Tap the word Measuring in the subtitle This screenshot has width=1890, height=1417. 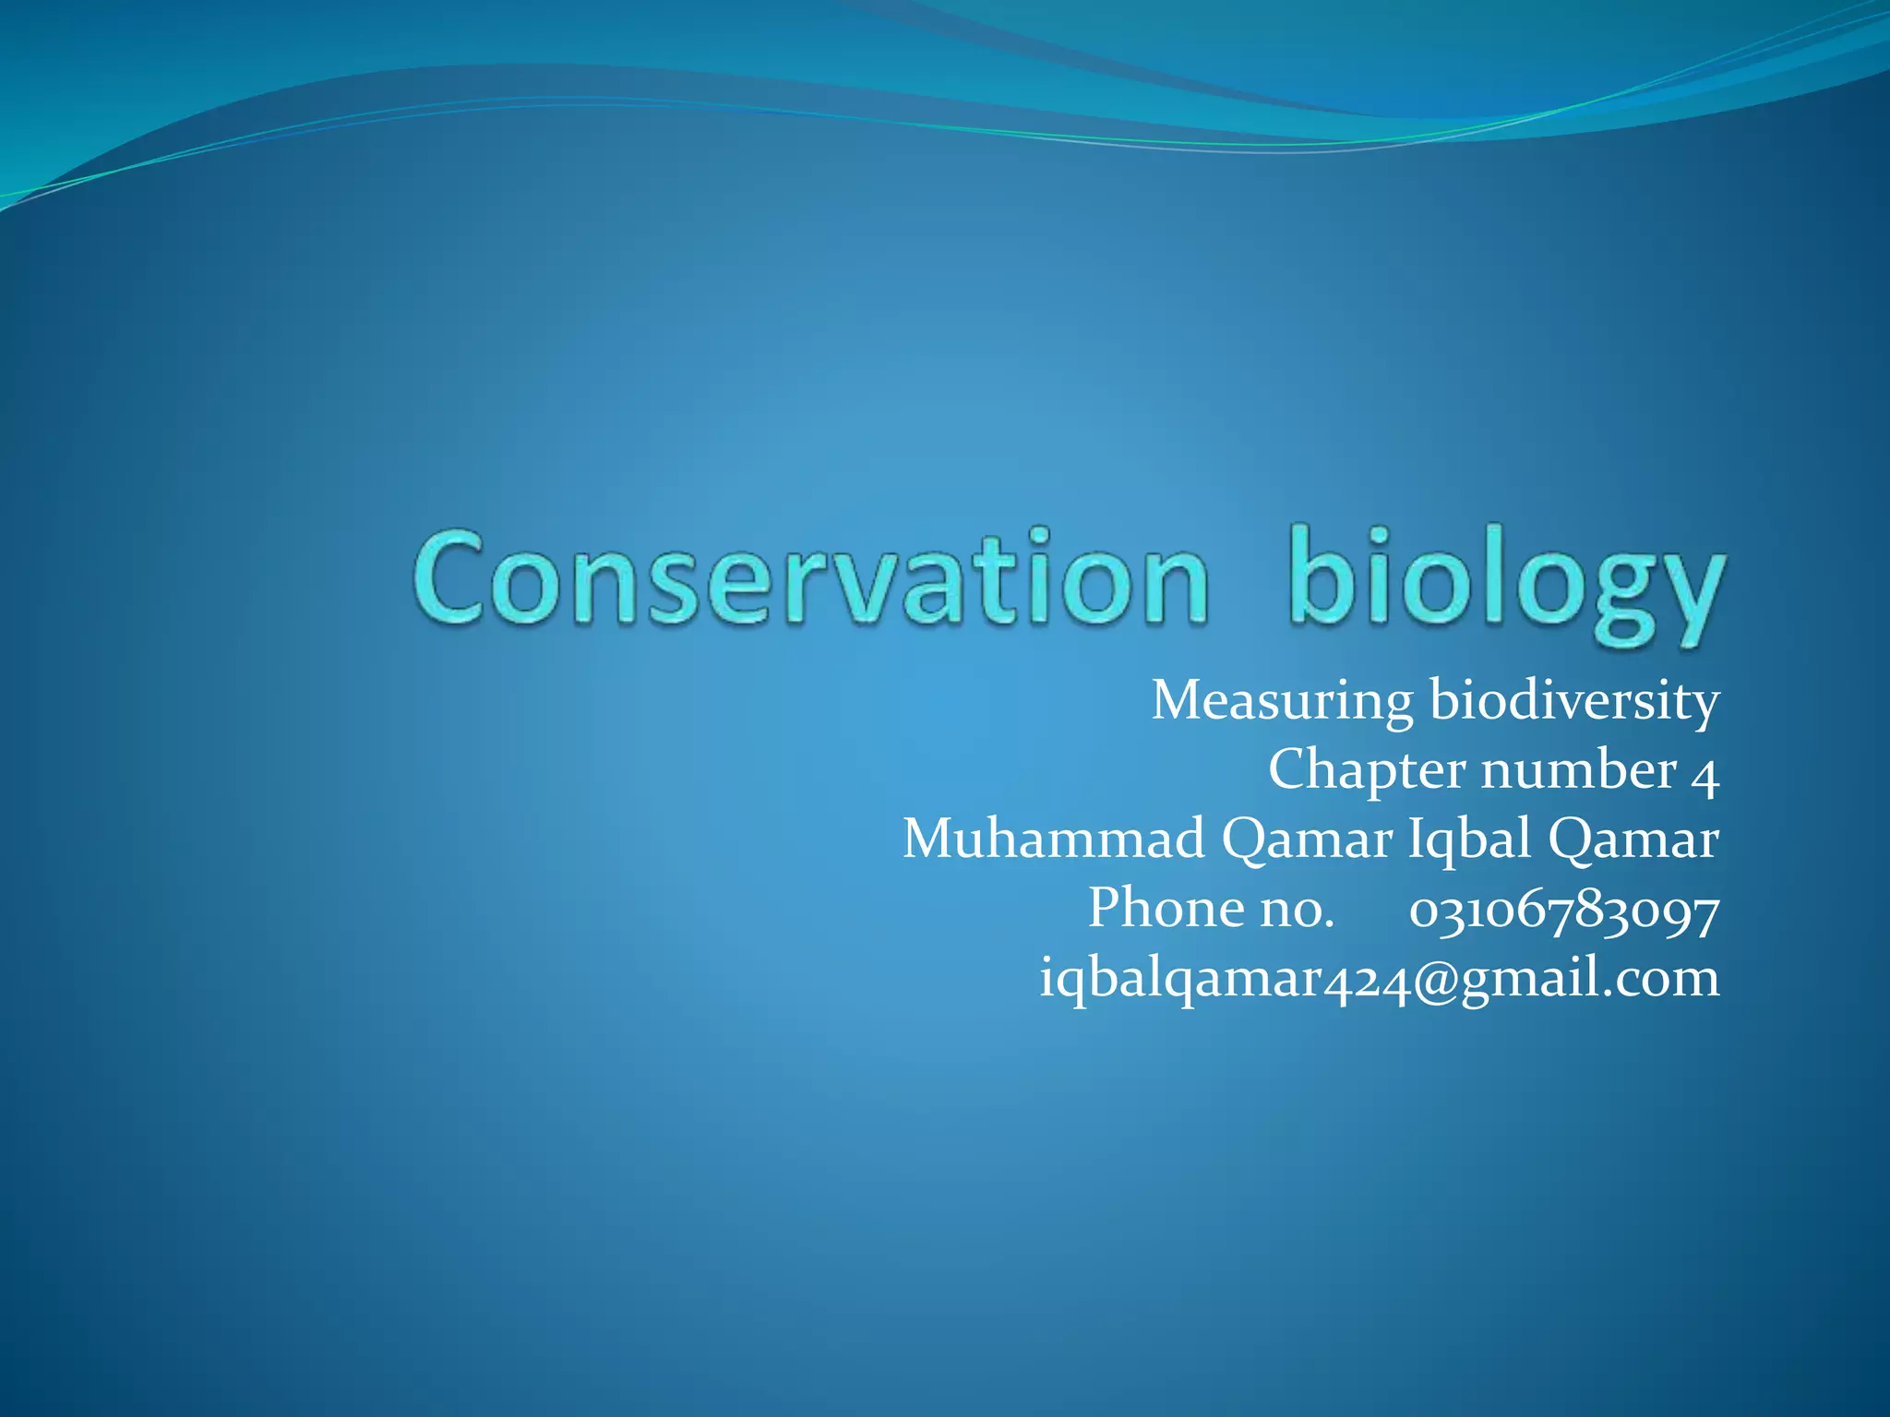coord(1282,701)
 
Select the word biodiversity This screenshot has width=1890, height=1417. coord(1574,701)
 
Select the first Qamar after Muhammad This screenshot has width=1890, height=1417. coord(1307,840)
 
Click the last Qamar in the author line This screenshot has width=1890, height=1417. coord(1633,840)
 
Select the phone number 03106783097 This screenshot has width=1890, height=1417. coord(1564,911)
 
